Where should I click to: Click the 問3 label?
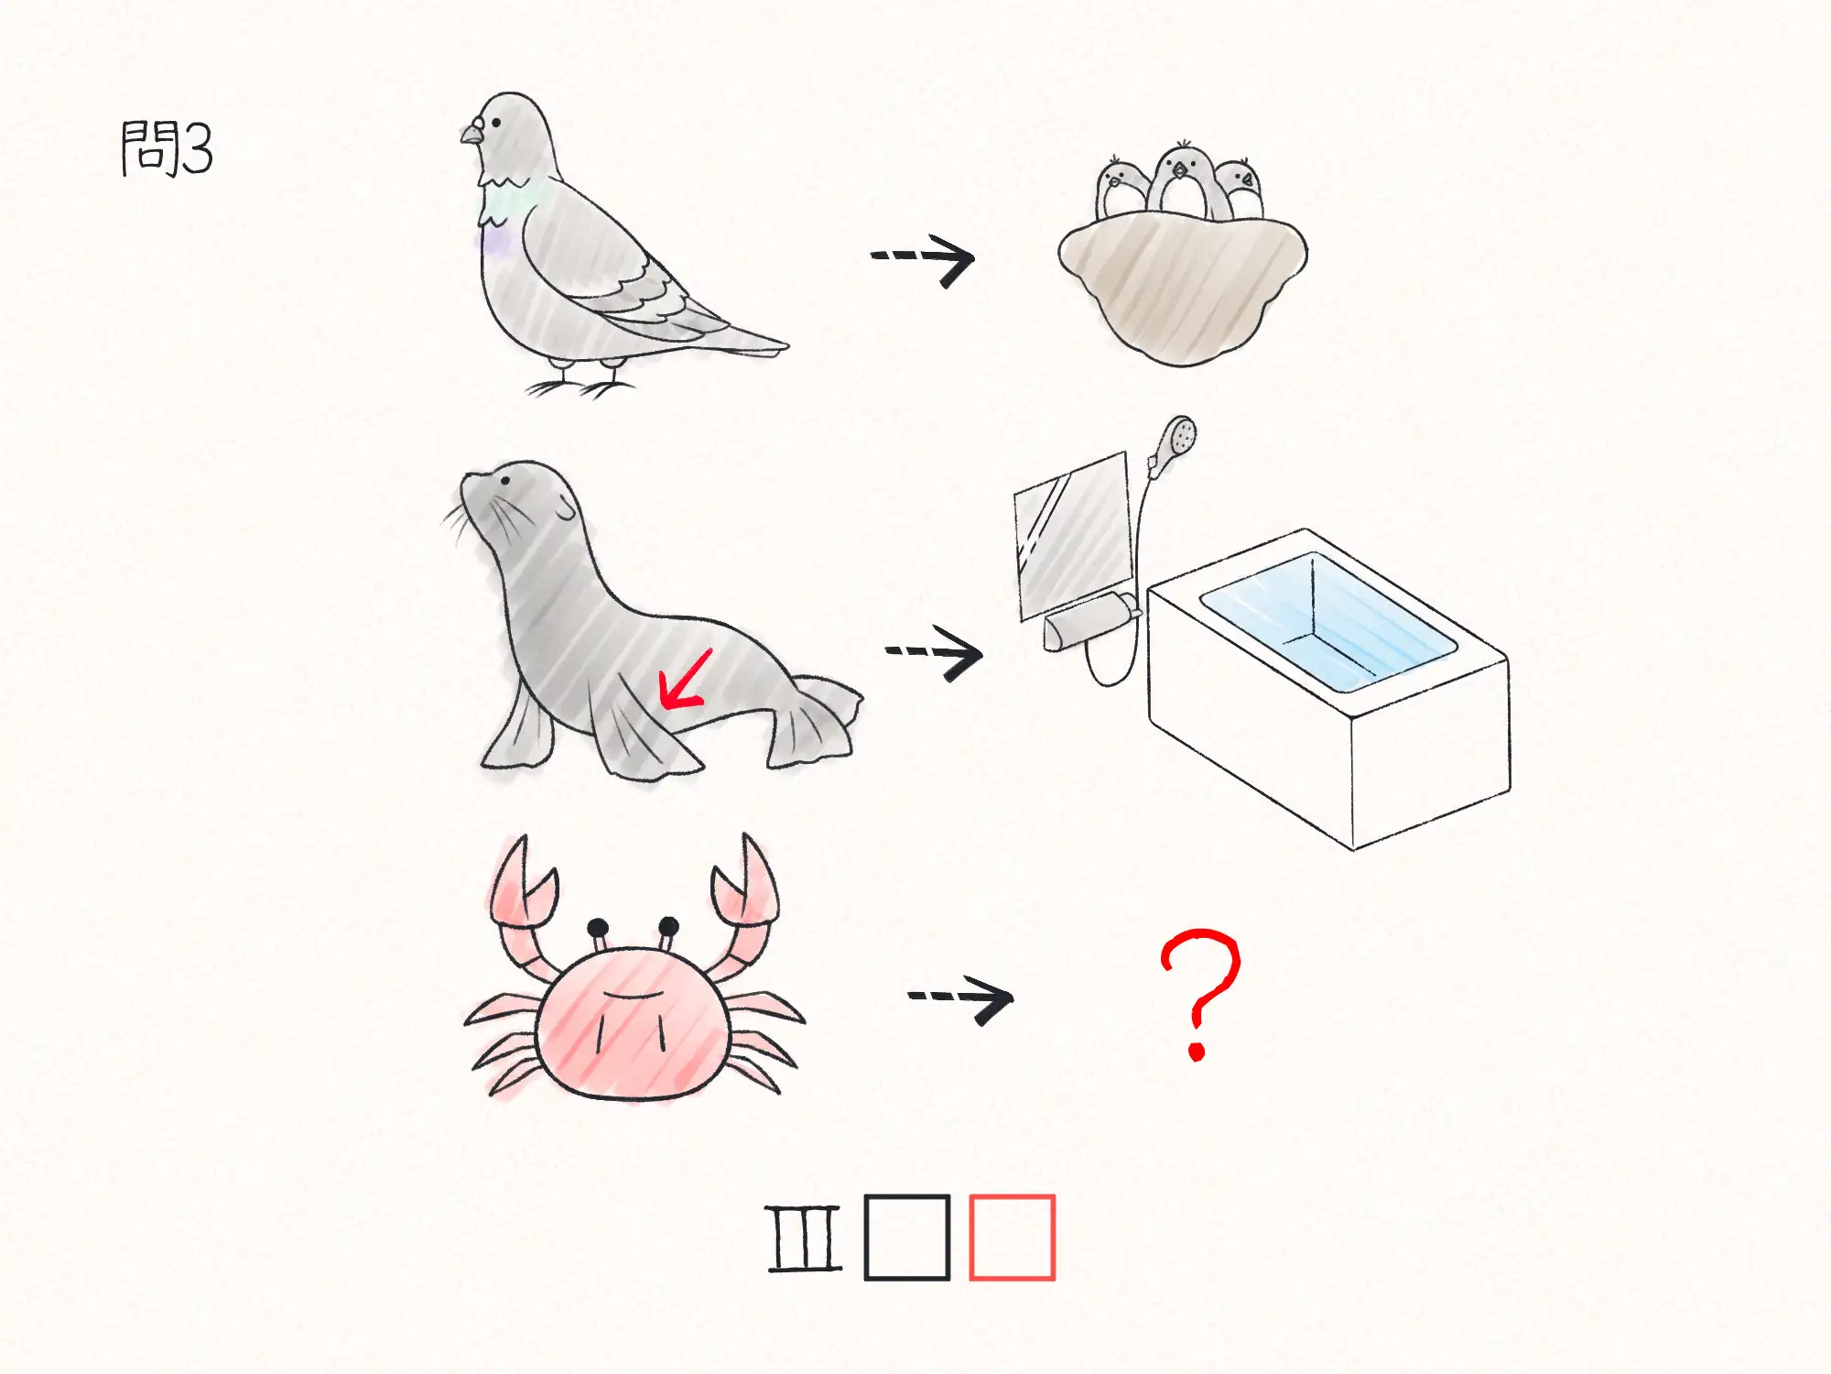point(167,148)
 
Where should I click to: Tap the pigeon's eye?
point(496,122)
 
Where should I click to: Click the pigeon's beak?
point(471,134)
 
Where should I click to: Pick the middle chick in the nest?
point(1181,180)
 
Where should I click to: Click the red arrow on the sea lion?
point(685,681)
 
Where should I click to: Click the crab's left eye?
point(598,928)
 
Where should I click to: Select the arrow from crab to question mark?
point(961,998)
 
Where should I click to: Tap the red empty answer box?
point(1012,1237)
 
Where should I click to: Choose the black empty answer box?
point(907,1237)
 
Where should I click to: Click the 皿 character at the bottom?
point(805,1238)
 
